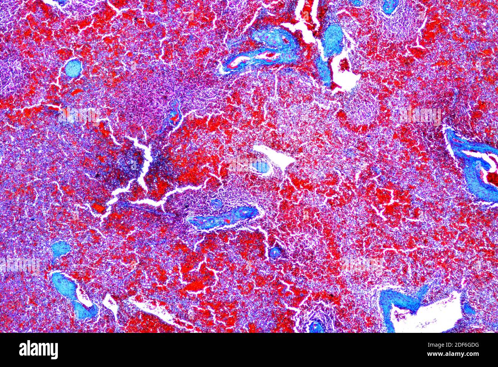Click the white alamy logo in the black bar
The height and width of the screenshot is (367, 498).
(x=38, y=350)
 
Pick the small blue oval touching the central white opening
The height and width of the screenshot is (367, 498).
(x=262, y=167)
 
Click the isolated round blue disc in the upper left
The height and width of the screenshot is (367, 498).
(x=73, y=68)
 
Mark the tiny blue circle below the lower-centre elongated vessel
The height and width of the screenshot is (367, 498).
(x=275, y=252)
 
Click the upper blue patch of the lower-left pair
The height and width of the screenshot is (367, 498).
(x=61, y=249)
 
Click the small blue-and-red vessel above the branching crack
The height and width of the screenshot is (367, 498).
(x=174, y=113)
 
